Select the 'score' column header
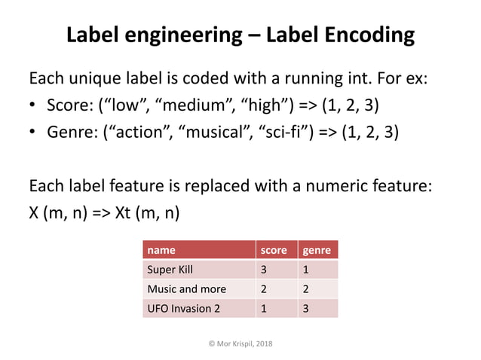(x=273, y=250)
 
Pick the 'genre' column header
(x=317, y=250)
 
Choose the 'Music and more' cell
(x=186, y=289)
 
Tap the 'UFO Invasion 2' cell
(x=184, y=308)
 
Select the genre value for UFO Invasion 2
(x=305, y=308)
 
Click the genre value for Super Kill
(x=305, y=270)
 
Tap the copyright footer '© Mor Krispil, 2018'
(x=240, y=343)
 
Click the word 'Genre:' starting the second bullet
(x=72, y=133)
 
